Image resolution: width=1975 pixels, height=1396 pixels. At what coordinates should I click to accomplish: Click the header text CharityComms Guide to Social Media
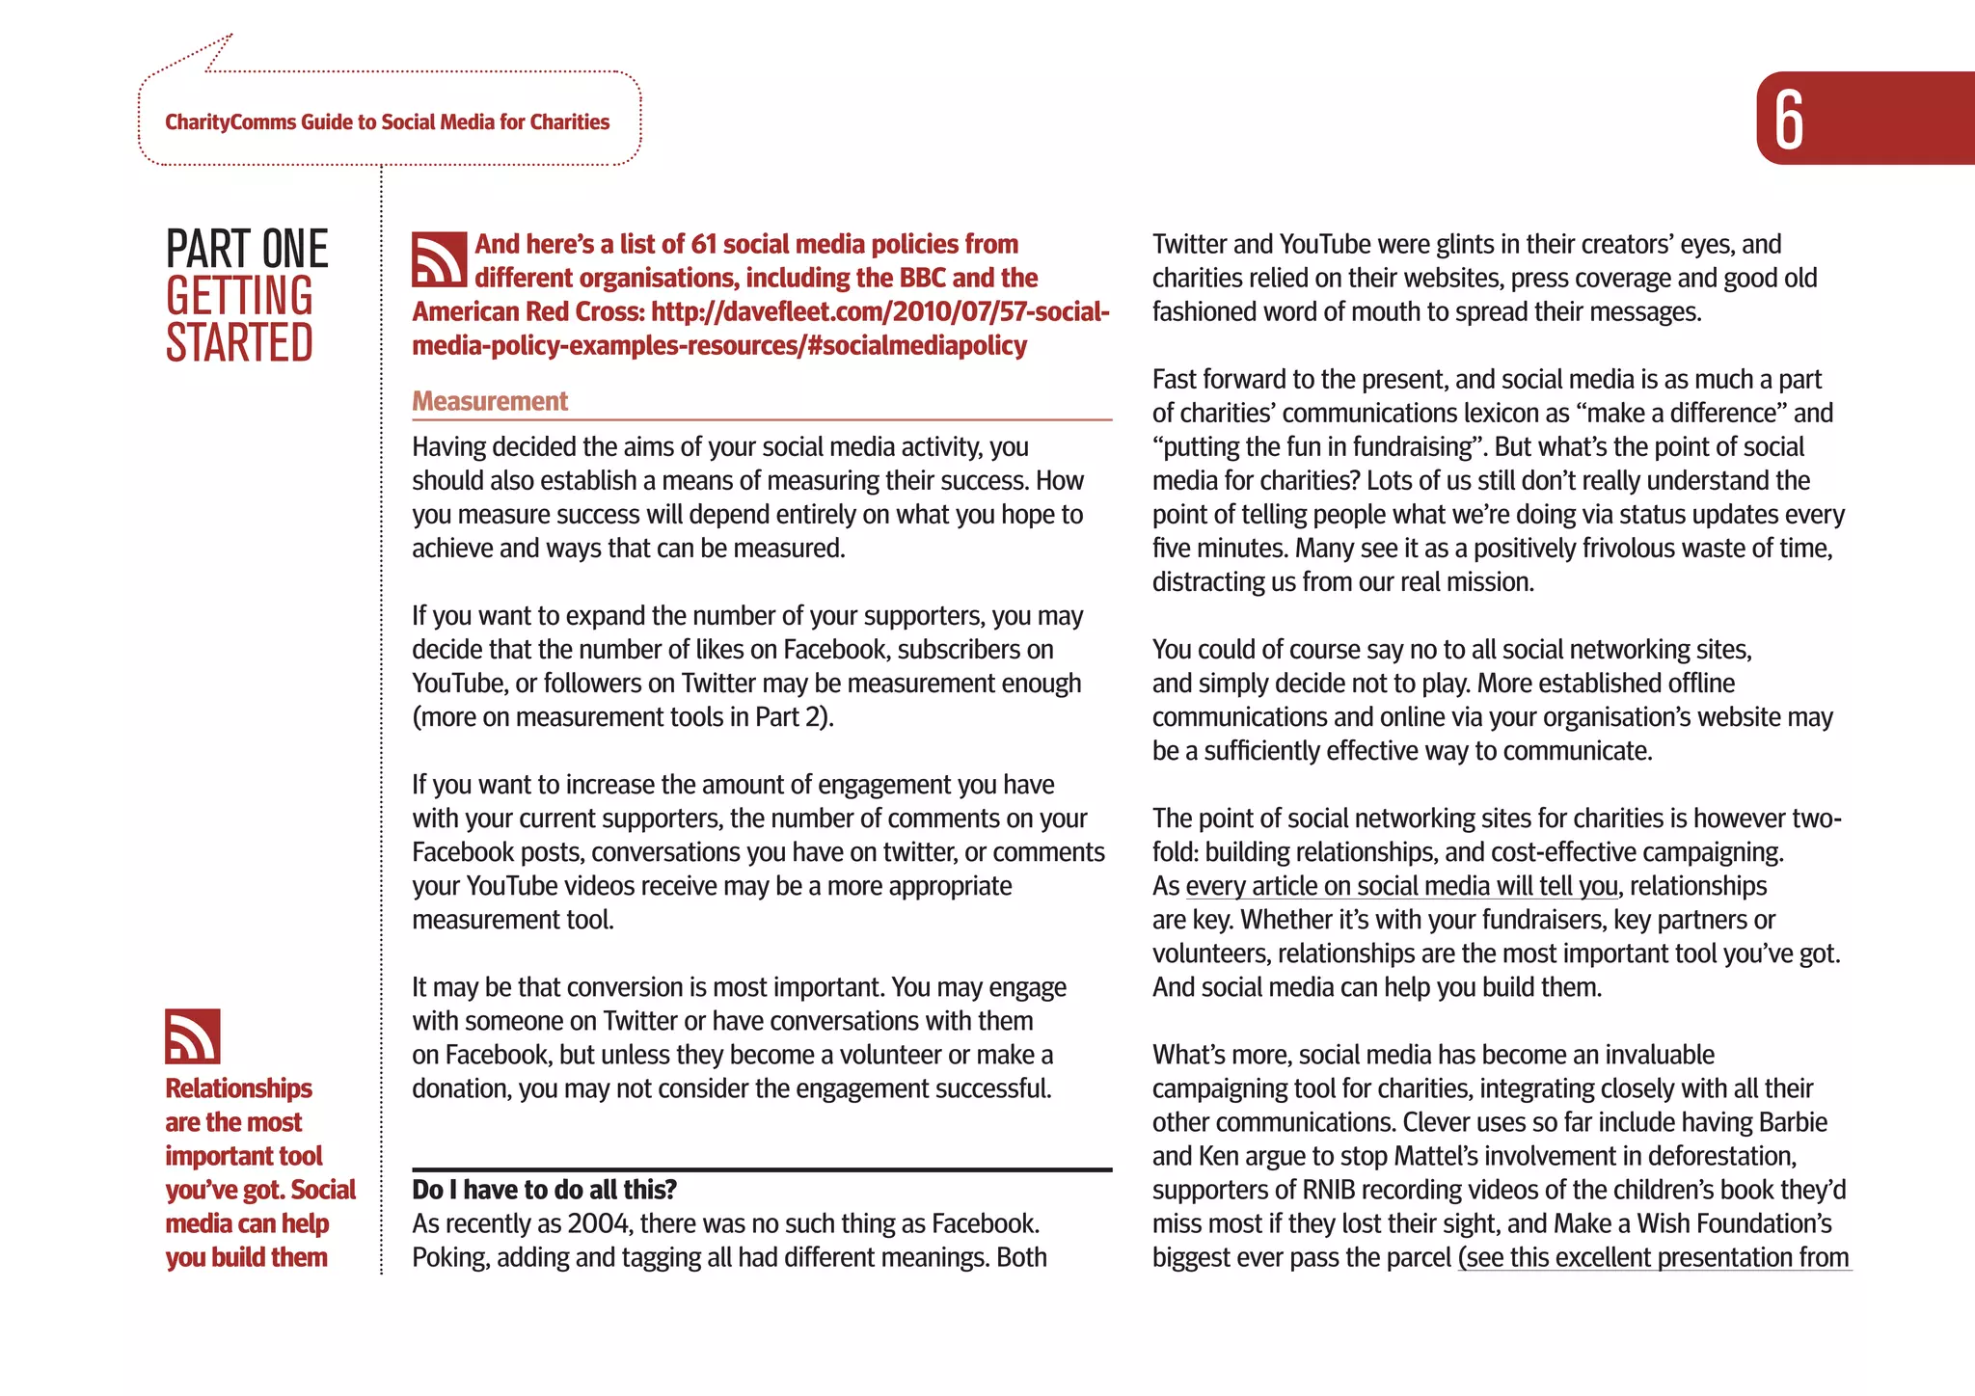click(387, 122)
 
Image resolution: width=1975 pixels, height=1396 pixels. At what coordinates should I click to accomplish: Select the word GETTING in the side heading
click(239, 296)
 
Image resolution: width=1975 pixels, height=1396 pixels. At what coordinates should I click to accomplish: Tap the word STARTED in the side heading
click(239, 343)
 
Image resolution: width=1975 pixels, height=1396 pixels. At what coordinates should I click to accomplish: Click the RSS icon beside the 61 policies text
click(439, 259)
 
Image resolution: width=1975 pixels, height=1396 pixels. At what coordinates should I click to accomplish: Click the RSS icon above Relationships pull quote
click(193, 1036)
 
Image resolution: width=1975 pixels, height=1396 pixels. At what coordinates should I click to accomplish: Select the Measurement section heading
click(490, 401)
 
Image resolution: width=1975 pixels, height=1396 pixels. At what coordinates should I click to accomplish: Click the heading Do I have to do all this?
click(545, 1190)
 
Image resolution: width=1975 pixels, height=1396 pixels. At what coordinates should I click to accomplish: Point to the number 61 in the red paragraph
click(704, 245)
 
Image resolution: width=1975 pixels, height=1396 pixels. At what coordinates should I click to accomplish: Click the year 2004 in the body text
click(598, 1224)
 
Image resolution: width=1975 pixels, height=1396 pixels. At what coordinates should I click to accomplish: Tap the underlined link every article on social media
click(1401, 886)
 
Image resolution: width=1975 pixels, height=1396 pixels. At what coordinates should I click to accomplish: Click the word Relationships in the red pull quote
click(238, 1088)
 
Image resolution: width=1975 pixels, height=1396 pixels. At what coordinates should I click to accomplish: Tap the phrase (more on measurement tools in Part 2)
click(623, 717)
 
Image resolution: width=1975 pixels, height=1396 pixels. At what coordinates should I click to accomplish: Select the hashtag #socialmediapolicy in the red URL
click(916, 346)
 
